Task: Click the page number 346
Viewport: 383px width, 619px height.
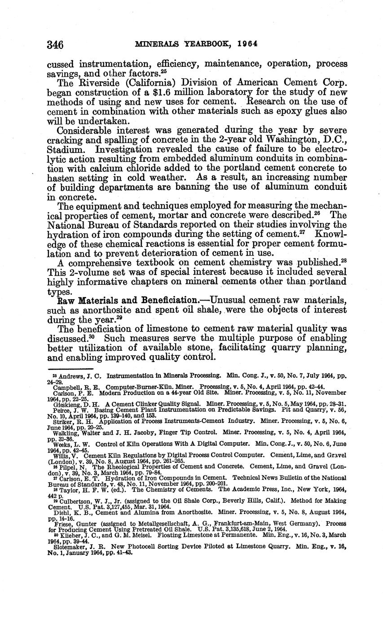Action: point(55,45)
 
